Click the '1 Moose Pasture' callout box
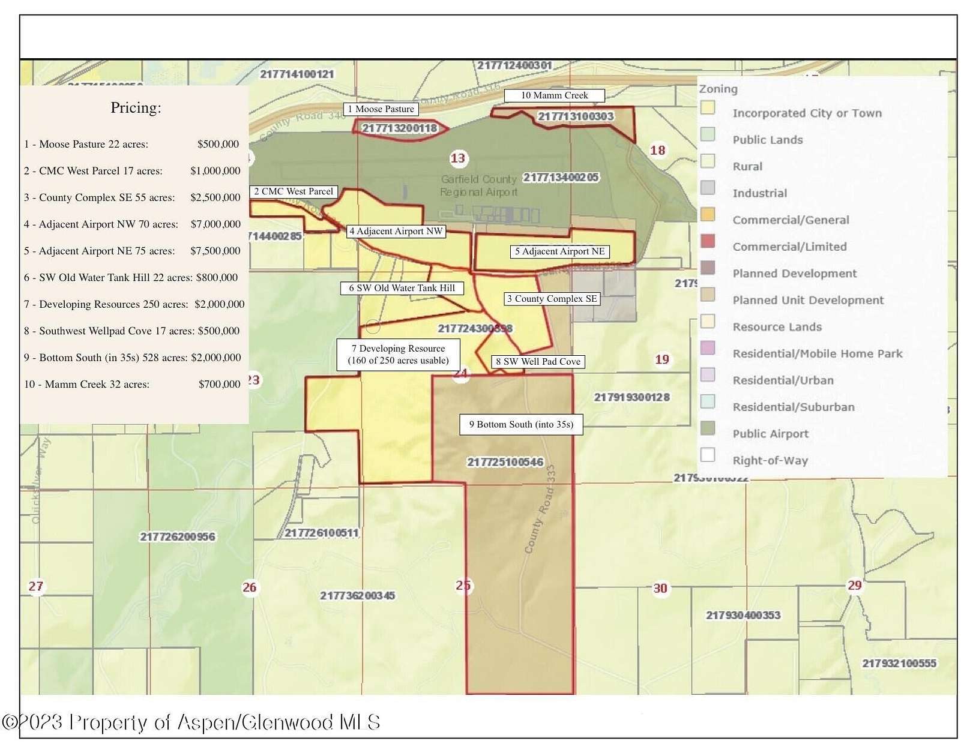pos(382,109)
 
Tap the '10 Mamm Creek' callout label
pos(554,95)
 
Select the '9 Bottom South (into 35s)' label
pos(521,425)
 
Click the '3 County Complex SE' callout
pos(552,299)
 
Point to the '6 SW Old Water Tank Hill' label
pos(402,288)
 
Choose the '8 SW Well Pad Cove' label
pos(538,362)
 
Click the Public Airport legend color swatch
pos(708,428)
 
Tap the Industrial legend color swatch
pos(708,188)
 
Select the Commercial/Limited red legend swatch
pos(708,241)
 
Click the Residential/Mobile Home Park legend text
pos(817,354)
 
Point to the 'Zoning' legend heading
pos(718,89)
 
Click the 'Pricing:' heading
pos(136,108)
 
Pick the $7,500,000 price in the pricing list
pos(215,251)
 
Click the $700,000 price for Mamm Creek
pos(219,385)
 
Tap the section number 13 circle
pos(457,158)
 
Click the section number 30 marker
pos(660,589)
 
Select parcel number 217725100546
pos(505,462)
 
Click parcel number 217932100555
pos(899,663)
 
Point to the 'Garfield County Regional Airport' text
pos(478,185)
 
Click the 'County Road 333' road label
pos(540,510)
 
